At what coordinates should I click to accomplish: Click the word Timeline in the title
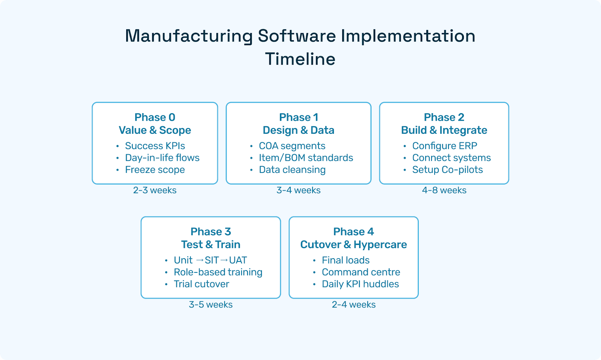click(x=300, y=59)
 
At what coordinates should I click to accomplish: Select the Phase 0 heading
click(x=155, y=117)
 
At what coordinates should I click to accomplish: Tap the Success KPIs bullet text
click(x=155, y=146)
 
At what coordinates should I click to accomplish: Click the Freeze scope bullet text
click(x=155, y=170)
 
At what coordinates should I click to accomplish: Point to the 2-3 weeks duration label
click(x=155, y=190)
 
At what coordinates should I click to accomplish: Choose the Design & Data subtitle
click(x=298, y=130)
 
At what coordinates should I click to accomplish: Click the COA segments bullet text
click(x=292, y=146)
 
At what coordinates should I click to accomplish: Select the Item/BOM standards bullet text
click(x=306, y=158)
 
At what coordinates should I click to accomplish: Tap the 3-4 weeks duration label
click(x=298, y=190)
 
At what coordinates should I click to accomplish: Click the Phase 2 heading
click(x=444, y=117)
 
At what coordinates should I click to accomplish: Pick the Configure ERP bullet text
click(x=445, y=146)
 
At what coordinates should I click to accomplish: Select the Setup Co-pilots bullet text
click(x=447, y=170)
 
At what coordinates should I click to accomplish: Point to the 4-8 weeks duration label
click(x=444, y=190)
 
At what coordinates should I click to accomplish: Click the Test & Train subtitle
click(x=211, y=244)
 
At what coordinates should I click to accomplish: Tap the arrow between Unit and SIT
click(x=199, y=260)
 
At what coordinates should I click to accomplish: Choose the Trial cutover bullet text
click(x=201, y=284)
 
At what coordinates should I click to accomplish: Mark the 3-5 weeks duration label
click(x=211, y=304)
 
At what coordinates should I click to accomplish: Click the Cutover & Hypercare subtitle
click(x=353, y=244)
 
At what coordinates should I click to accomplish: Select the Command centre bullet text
click(x=361, y=272)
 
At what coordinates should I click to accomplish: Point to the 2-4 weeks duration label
click(x=353, y=304)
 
